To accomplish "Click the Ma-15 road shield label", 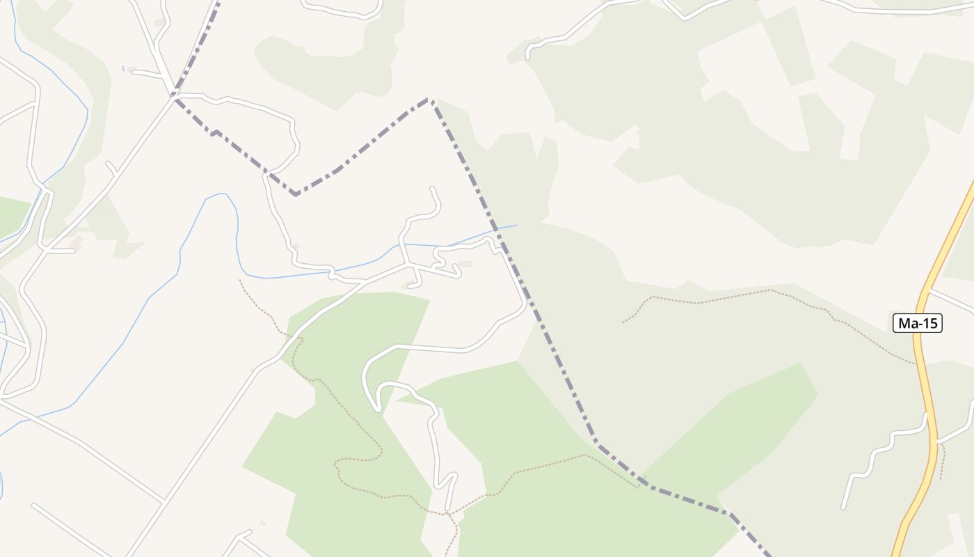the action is coord(918,322).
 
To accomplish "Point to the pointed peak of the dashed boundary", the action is coord(431,99).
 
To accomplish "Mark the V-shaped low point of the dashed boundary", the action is coord(296,194).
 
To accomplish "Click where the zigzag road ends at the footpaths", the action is coord(449,514).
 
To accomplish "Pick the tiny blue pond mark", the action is coord(123,68).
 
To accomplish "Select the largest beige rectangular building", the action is coord(465,264).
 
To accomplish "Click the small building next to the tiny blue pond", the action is coord(131,70).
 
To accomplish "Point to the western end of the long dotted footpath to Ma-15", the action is coord(623,322).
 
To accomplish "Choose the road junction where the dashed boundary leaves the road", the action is coord(174,97).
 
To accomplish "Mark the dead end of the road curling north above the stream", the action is coord(433,188).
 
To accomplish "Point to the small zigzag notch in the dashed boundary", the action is coord(216,132).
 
